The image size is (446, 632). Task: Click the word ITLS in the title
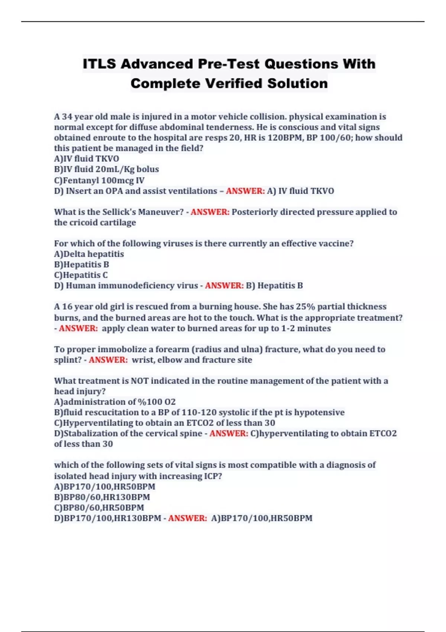tap(99, 64)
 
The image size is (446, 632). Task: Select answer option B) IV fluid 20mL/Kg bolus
tap(106, 170)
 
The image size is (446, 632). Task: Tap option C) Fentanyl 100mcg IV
tap(99, 180)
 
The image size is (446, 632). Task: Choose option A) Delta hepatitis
tap(89, 254)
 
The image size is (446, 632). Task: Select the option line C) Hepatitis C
tap(81, 275)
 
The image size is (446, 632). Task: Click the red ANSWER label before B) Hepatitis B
tap(224, 286)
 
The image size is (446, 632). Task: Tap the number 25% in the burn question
tap(305, 307)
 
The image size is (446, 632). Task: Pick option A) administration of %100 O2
tap(115, 402)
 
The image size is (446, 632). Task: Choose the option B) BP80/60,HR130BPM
tap(102, 497)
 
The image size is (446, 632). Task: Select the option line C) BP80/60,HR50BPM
tap(99, 508)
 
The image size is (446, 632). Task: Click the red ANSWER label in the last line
tap(187, 518)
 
